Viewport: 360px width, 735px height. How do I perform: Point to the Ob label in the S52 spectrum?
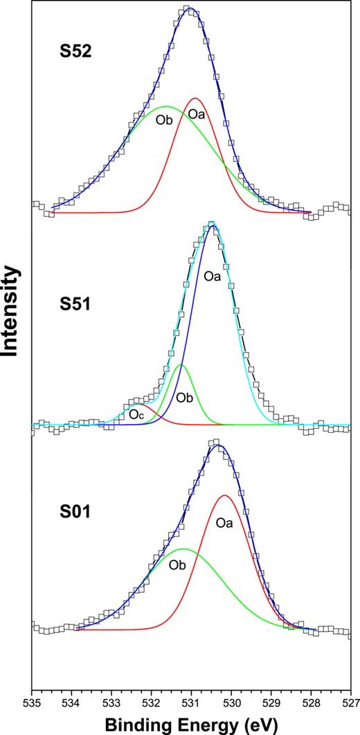pos(163,119)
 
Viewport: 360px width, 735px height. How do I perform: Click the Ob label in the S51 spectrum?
pos(183,398)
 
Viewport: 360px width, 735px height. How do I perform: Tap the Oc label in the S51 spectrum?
pos(136,414)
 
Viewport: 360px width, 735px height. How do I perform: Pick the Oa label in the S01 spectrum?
pos(224,523)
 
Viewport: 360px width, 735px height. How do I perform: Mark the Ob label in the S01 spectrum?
pos(178,565)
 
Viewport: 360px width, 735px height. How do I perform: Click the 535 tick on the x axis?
pos(32,702)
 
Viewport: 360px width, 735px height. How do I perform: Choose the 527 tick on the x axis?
pos(350,702)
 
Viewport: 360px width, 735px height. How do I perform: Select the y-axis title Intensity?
pos(11,311)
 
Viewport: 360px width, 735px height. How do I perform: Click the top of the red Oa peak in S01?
pos(224,495)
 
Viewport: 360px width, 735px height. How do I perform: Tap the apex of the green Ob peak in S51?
pos(181,364)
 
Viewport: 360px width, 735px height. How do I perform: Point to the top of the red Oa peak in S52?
pos(196,98)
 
